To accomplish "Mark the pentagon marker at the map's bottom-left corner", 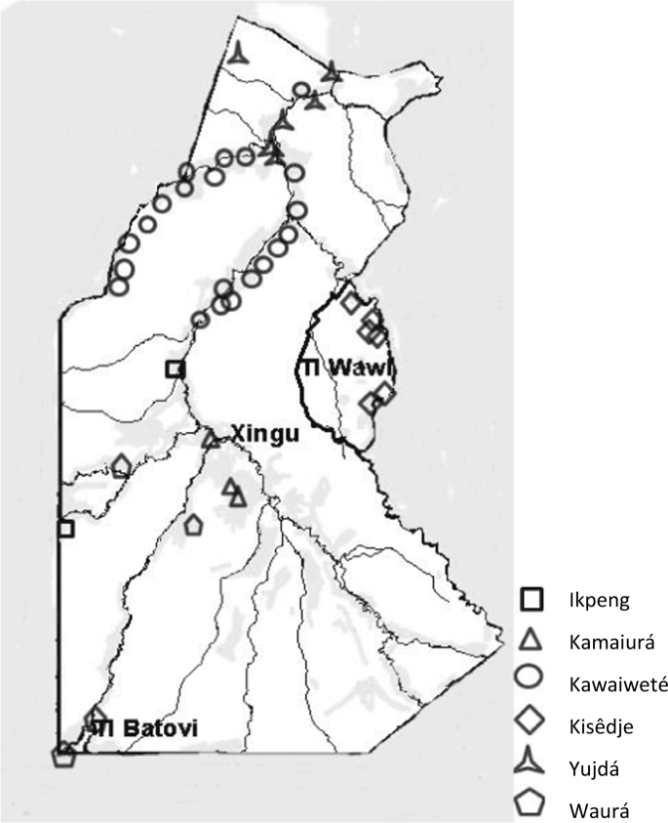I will (64, 756).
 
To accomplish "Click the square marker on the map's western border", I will (65, 529).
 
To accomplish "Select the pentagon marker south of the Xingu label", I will (193, 526).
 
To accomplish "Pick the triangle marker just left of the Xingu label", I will (211, 440).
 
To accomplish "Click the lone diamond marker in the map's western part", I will (121, 466).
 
